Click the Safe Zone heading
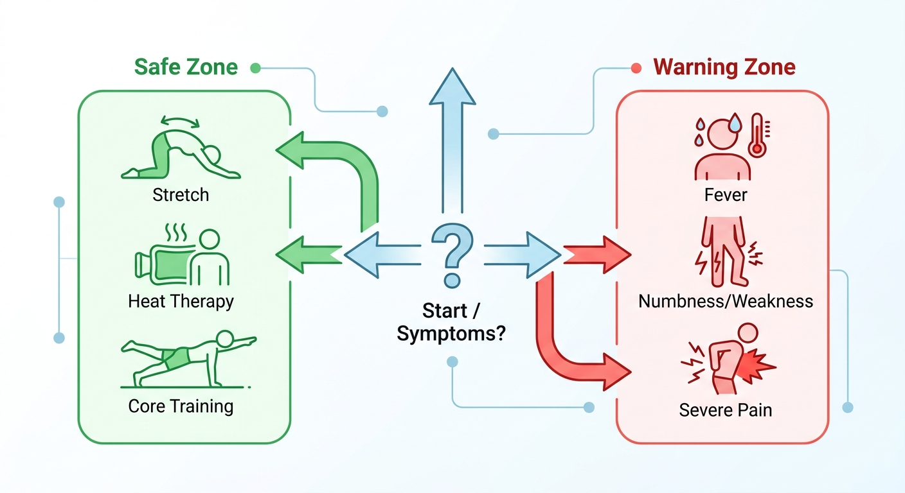tap(186, 67)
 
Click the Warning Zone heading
tap(724, 67)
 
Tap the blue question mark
tap(452, 255)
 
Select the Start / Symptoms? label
tap(451, 322)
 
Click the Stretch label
tap(181, 195)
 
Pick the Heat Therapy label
tap(181, 302)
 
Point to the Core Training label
tap(181, 407)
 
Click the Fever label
tap(726, 195)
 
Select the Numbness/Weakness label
tap(726, 301)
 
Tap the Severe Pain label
tap(726, 410)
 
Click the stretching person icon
tap(181, 150)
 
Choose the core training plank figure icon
tap(188, 359)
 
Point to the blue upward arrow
tap(452, 140)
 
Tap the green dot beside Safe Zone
tap(255, 68)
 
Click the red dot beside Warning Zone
tap(636, 68)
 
